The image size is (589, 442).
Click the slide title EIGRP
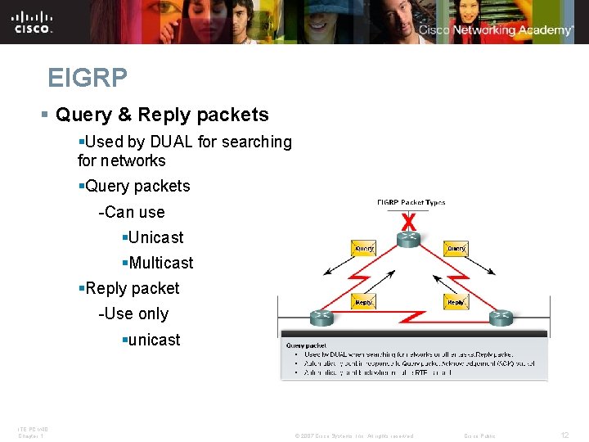[x=88, y=79]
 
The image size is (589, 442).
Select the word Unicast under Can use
[x=155, y=237]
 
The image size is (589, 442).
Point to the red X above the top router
[x=409, y=222]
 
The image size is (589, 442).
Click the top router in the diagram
[x=409, y=238]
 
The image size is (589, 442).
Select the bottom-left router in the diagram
[x=321, y=317]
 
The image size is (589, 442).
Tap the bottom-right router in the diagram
[x=501, y=317]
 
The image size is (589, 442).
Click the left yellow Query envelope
[x=364, y=248]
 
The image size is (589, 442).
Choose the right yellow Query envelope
[x=456, y=248]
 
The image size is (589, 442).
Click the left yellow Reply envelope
[x=364, y=302]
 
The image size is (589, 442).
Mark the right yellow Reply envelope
[x=456, y=302]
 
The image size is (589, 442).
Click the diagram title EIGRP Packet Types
[x=411, y=202]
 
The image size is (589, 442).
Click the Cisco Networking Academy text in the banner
[x=496, y=30]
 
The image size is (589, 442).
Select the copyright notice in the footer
[x=353, y=435]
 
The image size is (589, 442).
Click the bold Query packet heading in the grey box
[x=306, y=345]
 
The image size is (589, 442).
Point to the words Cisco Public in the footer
[x=479, y=435]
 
